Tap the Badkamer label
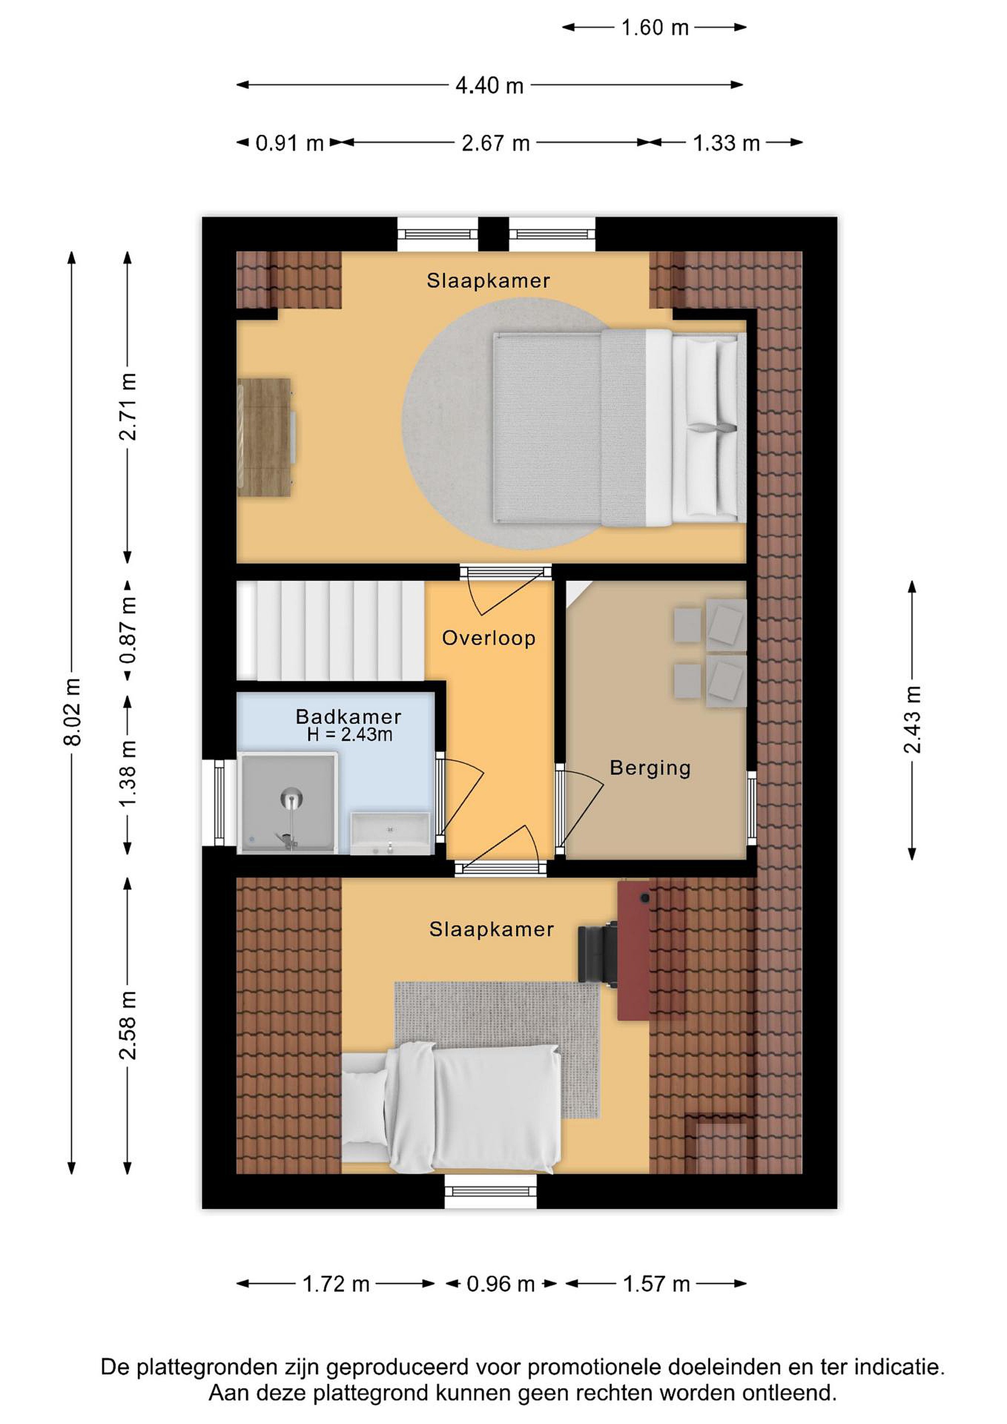click(x=349, y=716)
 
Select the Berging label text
click(x=650, y=768)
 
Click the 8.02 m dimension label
click(x=73, y=712)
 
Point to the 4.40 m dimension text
click(x=489, y=85)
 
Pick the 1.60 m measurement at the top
click(x=655, y=28)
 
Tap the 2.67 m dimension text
click(x=495, y=143)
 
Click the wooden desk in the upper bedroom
click(x=265, y=437)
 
